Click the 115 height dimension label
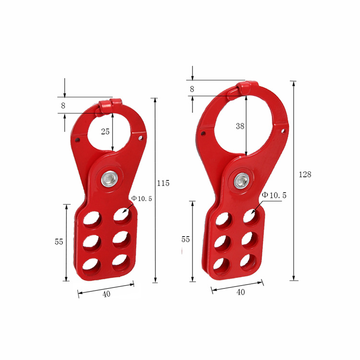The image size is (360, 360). (x=163, y=183)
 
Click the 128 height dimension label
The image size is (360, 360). (x=305, y=175)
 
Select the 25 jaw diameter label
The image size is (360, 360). (x=105, y=132)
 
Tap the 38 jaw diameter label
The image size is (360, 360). (x=240, y=126)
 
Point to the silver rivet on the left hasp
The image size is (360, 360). (x=109, y=179)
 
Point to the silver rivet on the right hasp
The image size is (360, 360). (x=241, y=181)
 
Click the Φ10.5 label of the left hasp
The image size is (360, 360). (x=142, y=199)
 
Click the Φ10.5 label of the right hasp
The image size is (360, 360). (x=274, y=195)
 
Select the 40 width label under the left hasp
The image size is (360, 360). (x=106, y=294)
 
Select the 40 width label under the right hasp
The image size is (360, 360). (x=240, y=292)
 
